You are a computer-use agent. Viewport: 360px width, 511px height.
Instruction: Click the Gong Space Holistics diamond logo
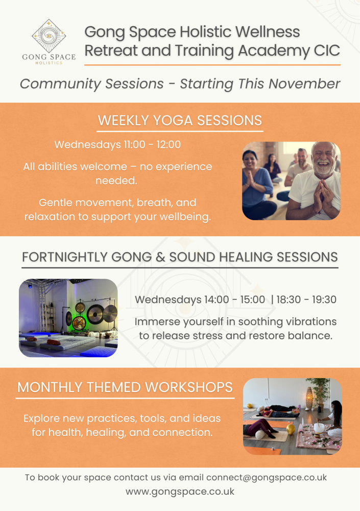tap(49, 36)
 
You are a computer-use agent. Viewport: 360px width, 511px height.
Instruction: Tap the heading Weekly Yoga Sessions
tap(180, 120)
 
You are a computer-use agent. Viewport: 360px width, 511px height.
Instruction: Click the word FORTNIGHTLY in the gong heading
tap(64, 257)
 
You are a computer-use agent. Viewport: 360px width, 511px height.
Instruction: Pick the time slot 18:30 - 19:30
tap(306, 299)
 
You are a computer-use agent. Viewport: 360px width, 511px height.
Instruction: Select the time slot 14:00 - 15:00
tap(234, 299)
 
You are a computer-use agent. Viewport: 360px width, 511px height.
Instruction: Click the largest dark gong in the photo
tap(95, 314)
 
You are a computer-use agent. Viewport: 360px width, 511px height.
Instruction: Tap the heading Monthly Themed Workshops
tap(125, 387)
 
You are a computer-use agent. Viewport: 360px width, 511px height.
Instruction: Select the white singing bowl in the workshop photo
tap(319, 428)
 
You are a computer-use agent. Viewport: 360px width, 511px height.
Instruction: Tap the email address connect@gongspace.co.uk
tap(267, 477)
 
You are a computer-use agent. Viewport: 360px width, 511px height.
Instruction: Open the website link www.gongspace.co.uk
tap(180, 492)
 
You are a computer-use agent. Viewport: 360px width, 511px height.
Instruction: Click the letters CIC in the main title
tap(327, 51)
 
